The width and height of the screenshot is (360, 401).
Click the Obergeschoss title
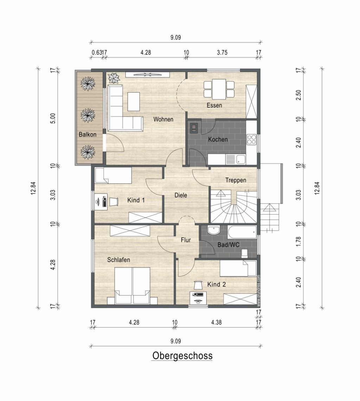182,356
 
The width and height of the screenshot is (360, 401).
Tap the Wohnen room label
163,119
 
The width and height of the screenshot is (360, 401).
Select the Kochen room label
218,139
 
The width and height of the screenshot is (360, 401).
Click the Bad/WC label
228,245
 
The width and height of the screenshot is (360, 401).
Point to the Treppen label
236,180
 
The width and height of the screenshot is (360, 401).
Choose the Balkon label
88,134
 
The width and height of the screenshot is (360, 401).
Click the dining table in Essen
219,89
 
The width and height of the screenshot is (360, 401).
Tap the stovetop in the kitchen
251,140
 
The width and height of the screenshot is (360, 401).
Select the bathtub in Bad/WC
242,232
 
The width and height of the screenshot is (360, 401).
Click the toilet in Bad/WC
244,253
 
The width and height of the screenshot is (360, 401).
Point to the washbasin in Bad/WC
214,230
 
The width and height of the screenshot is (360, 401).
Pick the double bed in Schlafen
132,286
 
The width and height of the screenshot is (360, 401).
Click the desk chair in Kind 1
114,201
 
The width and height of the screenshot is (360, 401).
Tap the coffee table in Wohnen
134,102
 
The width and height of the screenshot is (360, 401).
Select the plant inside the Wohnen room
114,78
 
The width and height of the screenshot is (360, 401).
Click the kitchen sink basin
240,160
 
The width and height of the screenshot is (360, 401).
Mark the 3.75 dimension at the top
222,52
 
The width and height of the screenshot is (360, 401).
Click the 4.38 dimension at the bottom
216,322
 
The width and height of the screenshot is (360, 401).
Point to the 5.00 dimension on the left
53,118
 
